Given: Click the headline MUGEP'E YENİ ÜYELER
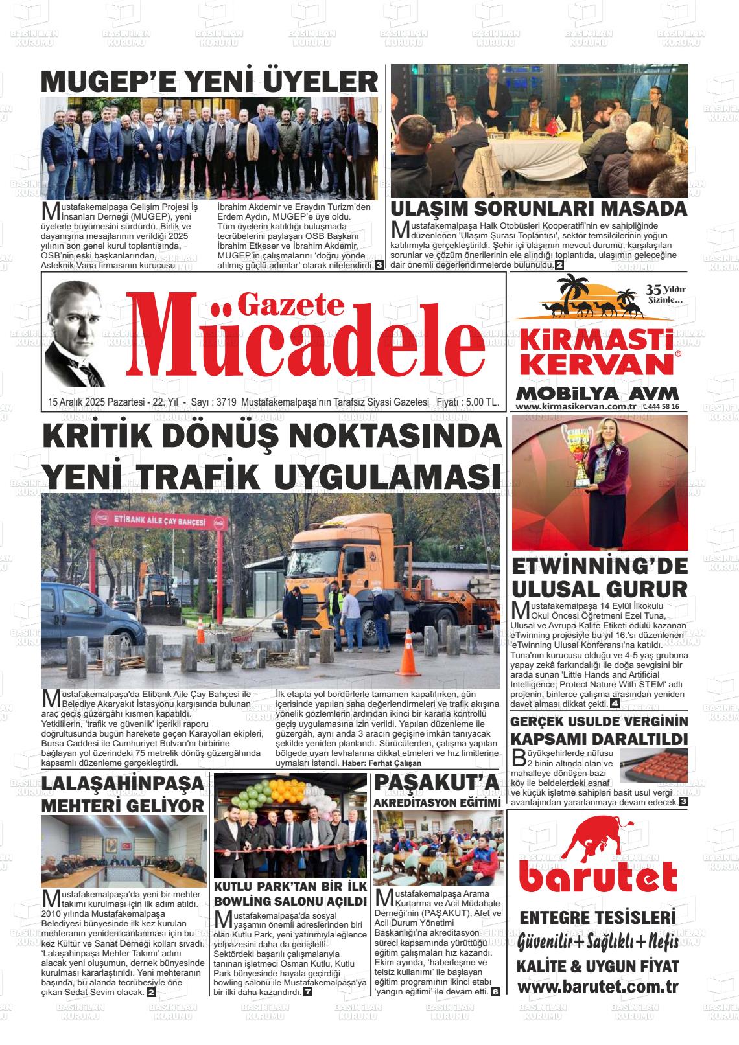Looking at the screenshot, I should [209, 82].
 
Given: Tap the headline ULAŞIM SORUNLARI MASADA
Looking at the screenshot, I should [539, 209].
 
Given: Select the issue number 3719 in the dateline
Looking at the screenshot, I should [225, 403].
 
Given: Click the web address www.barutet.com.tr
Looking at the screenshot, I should [598, 987].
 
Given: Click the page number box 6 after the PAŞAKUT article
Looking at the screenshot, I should [495, 992].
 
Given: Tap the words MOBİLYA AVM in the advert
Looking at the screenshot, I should [597, 393].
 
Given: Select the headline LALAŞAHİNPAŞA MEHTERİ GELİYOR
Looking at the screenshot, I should [123, 795].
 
